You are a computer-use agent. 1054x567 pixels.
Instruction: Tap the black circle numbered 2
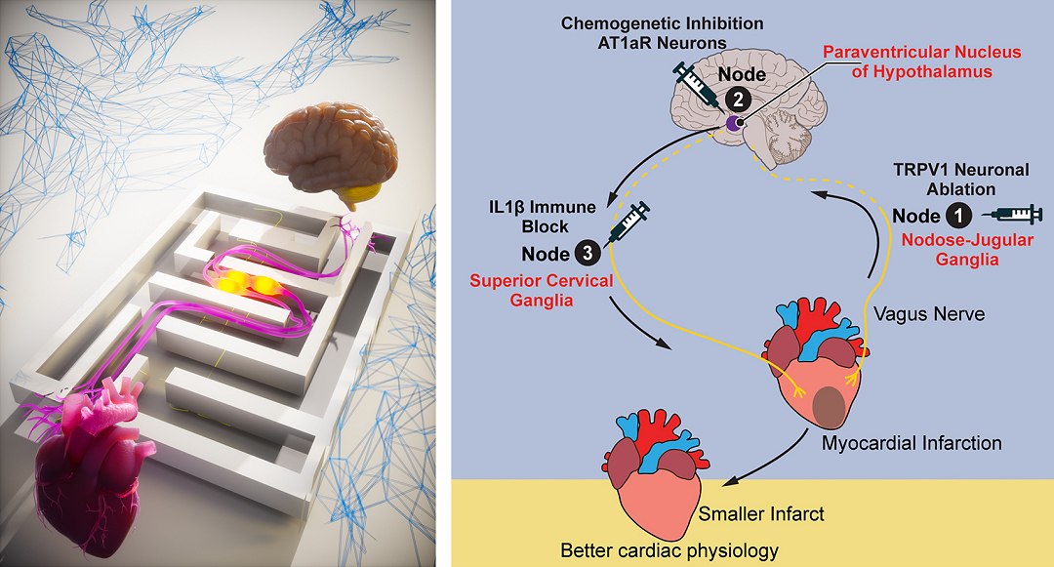(x=739, y=98)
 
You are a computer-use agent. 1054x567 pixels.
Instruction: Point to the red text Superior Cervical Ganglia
(x=542, y=291)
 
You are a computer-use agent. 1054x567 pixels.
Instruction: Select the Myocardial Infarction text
(x=912, y=443)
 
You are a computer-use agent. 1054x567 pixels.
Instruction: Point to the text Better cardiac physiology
(x=669, y=550)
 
